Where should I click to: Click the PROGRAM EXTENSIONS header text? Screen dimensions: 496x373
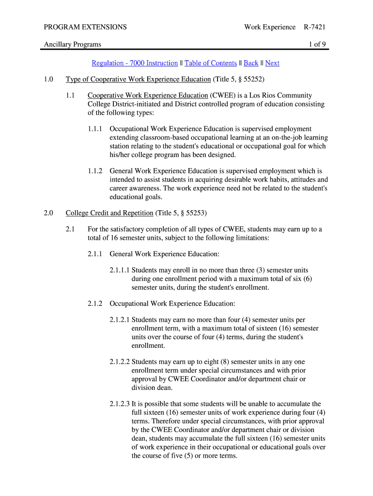point(85,27)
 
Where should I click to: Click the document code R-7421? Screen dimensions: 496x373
point(314,27)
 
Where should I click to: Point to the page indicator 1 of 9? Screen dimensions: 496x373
point(317,45)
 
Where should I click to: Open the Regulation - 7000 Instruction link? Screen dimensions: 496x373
point(135,63)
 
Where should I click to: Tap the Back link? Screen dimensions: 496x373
point(250,63)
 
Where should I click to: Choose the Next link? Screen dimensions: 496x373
point(272,63)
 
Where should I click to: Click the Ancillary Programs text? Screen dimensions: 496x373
point(73,45)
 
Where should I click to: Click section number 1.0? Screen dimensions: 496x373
point(49,79)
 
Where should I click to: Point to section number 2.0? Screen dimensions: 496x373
point(49,213)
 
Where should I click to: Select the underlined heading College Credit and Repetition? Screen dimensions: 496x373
point(109,213)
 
